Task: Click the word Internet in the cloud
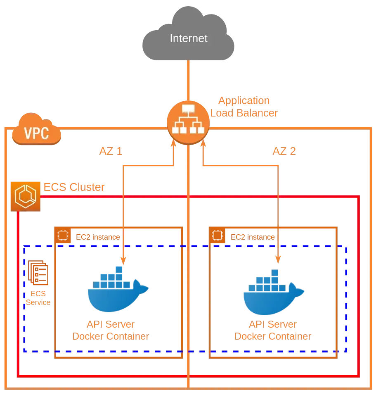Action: pyautogui.click(x=188, y=38)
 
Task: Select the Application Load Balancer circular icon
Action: pyautogui.click(x=187, y=120)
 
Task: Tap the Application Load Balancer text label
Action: pyautogui.click(x=244, y=107)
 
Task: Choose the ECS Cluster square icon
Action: pyautogui.click(x=26, y=195)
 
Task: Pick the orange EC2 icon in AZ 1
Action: pyautogui.click(x=63, y=236)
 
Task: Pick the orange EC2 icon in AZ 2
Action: pyautogui.click(x=218, y=236)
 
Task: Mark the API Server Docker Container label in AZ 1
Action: pyautogui.click(x=111, y=330)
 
